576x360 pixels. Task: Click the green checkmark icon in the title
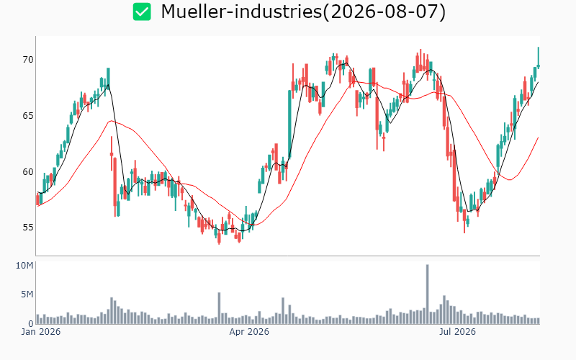point(142,12)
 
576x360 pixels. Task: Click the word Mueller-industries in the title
point(241,12)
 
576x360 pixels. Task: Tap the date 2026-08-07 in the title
point(384,12)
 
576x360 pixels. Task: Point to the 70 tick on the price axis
point(28,60)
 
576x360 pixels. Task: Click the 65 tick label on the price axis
point(28,116)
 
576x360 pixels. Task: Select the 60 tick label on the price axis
point(28,171)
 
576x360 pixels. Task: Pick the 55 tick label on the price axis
point(28,228)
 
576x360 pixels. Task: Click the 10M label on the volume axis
point(24,266)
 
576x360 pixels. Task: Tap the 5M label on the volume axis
point(27,294)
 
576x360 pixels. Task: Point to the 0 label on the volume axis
point(31,323)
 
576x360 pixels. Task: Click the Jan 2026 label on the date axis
point(41,332)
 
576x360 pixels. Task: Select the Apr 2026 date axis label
point(249,332)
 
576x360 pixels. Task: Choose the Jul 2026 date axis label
point(458,332)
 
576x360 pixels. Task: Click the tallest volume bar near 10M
point(427,294)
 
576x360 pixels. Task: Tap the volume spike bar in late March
point(219,308)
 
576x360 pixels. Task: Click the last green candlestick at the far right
point(539,58)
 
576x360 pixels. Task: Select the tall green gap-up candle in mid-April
point(289,125)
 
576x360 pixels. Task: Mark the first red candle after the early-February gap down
point(112,153)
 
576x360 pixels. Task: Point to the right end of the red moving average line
point(539,138)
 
